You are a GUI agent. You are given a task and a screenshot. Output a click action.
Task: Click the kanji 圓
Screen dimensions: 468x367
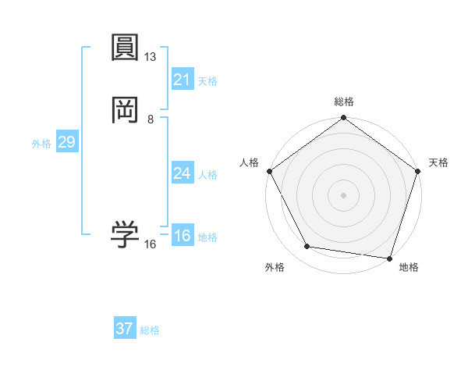tap(126, 48)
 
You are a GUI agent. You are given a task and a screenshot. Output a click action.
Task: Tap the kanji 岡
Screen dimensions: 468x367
tap(126, 110)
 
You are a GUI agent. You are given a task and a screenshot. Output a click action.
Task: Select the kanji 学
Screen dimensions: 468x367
tap(126, 234)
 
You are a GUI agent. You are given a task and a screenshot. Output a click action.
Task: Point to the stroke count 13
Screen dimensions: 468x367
tap(151, 57)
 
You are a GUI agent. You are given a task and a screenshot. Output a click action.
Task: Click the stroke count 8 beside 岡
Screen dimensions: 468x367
tap(151, 119)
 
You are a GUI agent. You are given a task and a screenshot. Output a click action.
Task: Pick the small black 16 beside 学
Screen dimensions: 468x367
tap(151, 244)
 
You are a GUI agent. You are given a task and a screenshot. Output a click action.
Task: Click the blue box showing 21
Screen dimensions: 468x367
tap(183, 80)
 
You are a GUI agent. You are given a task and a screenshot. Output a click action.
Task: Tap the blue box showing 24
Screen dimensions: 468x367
tap(183, 173)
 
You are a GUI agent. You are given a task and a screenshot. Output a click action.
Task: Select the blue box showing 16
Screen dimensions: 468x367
tap(183, 236)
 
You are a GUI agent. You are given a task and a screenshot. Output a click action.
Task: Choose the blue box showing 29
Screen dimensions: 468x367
tap(66, 142)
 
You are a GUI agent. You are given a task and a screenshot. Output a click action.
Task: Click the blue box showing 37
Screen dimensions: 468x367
tap(125, 329)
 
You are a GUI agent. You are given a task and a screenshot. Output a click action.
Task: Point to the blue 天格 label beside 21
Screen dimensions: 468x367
tap(207, 81)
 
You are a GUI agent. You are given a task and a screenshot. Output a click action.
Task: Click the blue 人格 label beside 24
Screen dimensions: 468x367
tap(207, 175)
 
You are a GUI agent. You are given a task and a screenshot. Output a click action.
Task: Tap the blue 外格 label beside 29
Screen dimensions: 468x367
tap(41, 144)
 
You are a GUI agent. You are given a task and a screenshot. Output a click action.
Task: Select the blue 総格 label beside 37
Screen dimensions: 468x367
tap(150, 330)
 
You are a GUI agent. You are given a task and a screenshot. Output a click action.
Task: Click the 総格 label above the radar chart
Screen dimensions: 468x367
tap(343, 102)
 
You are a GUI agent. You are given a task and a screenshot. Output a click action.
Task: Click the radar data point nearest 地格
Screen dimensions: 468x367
tap(389, 258)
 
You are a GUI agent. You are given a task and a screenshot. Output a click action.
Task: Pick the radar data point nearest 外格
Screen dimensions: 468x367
tap(307, 247)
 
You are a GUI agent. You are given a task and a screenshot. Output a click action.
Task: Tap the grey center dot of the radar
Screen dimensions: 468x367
tap(343, 194)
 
